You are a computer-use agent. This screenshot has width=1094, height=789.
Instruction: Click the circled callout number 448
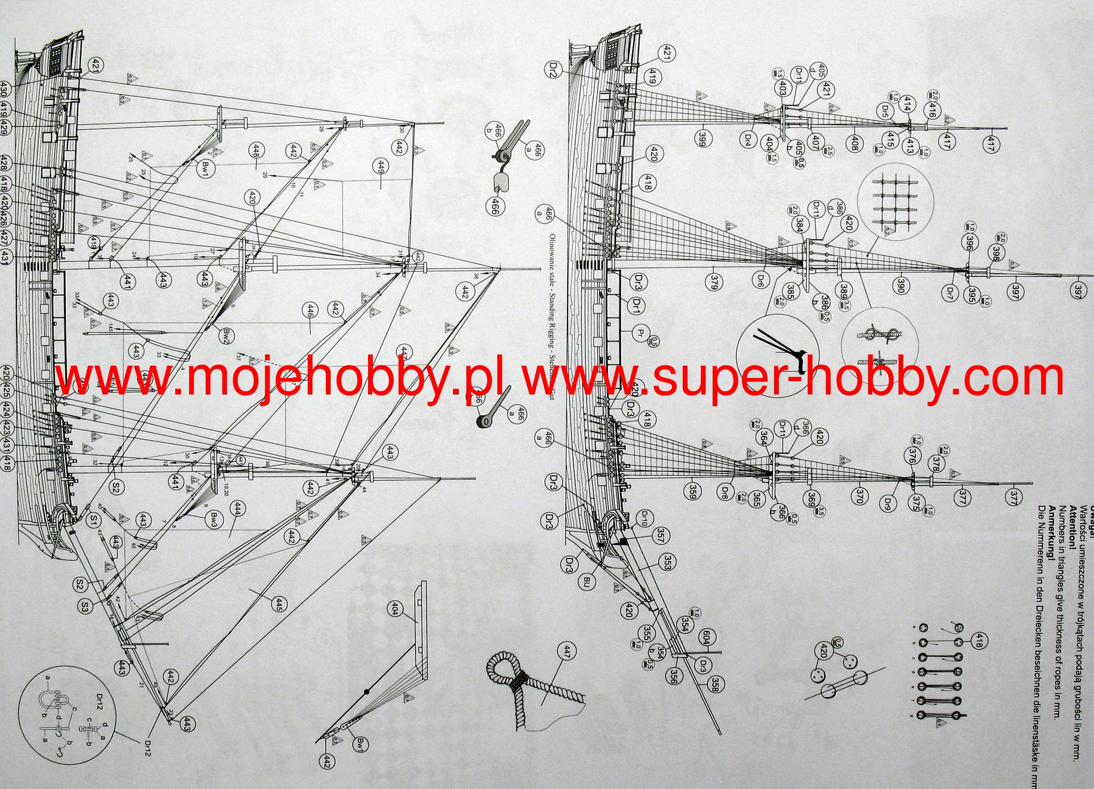click(x=256, y=151)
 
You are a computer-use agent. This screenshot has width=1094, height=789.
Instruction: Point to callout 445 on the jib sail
click(x=279, y=604)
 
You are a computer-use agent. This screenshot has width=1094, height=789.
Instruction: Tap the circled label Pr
click(x=640, y=334)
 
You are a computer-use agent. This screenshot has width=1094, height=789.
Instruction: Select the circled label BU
click(x=587, y=580)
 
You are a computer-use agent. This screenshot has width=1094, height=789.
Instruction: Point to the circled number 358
click(x=714, y=684)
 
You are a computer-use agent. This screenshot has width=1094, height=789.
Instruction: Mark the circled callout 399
click(x=702, y=138)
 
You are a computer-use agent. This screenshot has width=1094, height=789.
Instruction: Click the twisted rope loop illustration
click(x=529, y=689)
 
